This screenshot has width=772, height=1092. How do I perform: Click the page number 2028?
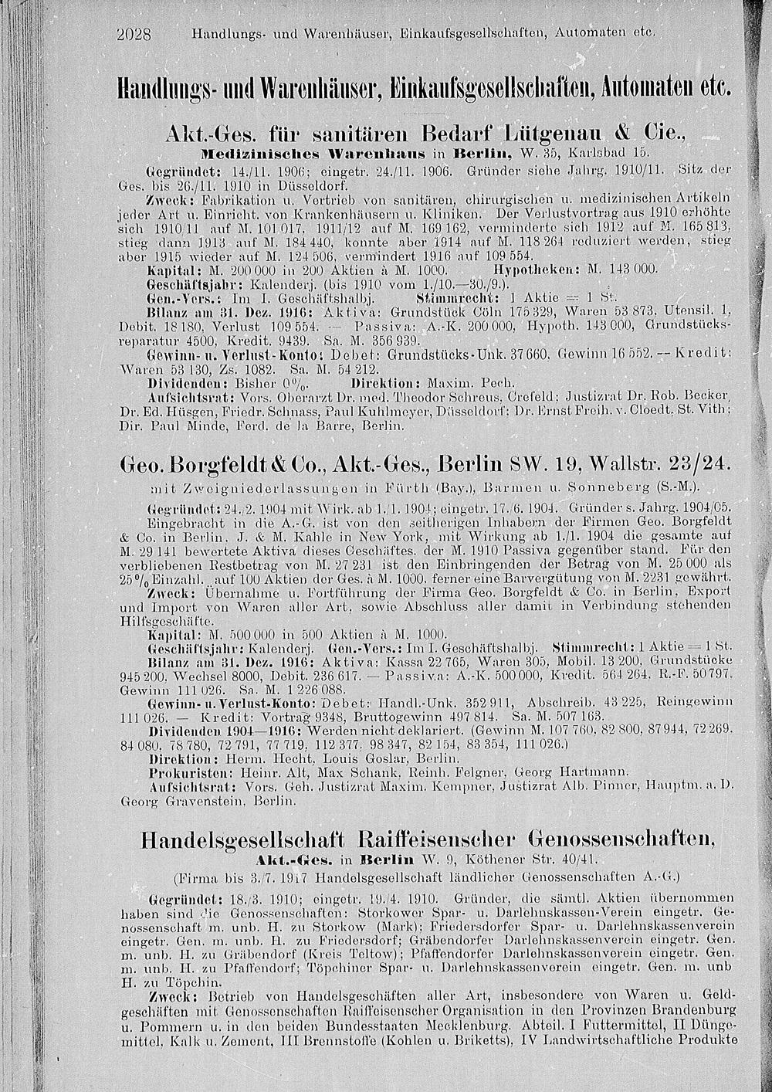(136, 34)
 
